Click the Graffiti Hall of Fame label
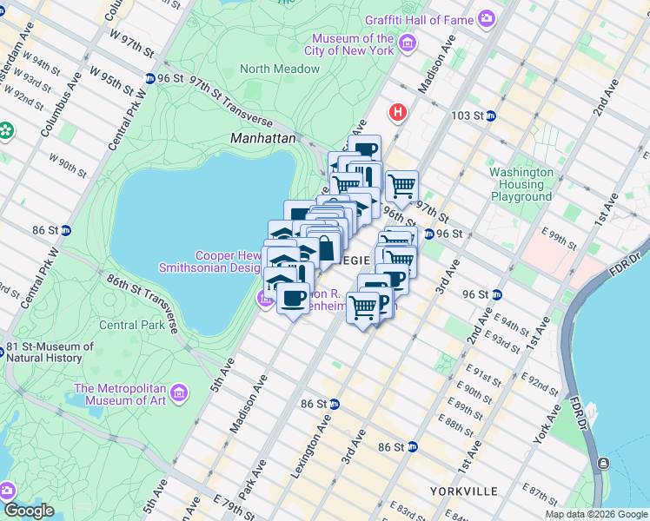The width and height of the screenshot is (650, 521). pyautogui.click(x=421, y=19)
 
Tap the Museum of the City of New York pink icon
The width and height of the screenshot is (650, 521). pyautogui.click(x=408, y=43)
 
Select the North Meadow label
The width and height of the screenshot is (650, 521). pyautogui.click(x=280, y=69)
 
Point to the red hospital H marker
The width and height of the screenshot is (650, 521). pyautogui.click(x=399, y=112)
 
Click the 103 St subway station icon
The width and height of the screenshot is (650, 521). pyautogui.click(x=490, y=115)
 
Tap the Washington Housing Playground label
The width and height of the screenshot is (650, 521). pyautogui.click(x=521, y=184)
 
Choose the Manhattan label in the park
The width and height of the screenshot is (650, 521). pyautogui.click(x=263, y=138)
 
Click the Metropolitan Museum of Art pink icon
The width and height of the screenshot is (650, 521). pyautogui.click(x=180, y=393)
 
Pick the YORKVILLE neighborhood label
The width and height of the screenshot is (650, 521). pyautogui.click(x=463, y=491)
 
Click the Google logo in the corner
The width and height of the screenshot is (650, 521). pyautogui.click(x=29, y=511)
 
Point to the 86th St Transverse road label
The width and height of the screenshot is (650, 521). pyautogui.click(x=143, y=300)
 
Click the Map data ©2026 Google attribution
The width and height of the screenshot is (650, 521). pyautogui.click(x=595, y=514)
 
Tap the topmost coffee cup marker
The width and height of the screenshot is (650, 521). pyautogui.click(x=365, y=149)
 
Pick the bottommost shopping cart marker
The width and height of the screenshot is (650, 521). pyautogui.click(x=363, y=307)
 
